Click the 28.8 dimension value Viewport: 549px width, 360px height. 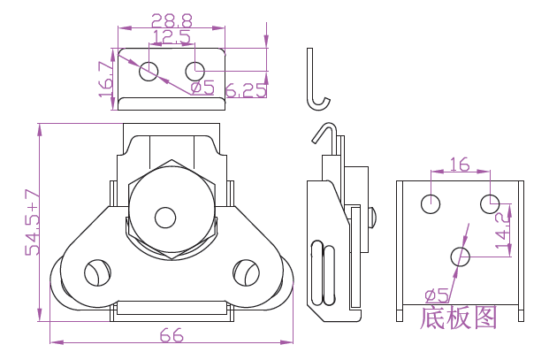click(172, 19)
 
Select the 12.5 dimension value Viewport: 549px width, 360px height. click(172, 37)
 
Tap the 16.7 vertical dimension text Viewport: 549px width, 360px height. click(106, 79)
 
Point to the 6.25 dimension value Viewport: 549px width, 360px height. click(247, 90)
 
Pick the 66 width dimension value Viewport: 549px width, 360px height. click(171, 335)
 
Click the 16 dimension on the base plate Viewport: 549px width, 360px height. click(460, 164)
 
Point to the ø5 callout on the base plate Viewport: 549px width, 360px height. click(438, 295)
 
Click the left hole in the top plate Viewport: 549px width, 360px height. click(149, 70)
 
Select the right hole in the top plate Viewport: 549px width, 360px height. click(195, 70)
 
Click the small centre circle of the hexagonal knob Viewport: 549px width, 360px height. click(165, 217)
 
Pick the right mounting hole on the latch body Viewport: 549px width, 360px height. click(244, 272)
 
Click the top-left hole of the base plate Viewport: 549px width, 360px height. click(431, 203)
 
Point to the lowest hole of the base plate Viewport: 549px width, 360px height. click(460, 257)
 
